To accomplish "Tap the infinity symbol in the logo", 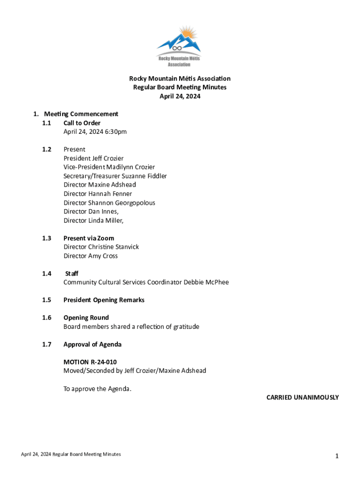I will click(177, 48).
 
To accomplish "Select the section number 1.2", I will click(46, 149).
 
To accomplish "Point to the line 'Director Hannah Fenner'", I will click(98, 194).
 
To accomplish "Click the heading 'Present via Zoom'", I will click(89, 238).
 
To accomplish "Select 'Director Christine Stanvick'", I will click(101, 247).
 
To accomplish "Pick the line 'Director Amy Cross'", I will click(91, 256).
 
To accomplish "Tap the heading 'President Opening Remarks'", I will click(104, 300).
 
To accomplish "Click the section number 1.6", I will click(46, 318).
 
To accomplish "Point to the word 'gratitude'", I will click(186, 327).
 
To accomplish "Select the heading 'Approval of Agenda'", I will click(92, 344).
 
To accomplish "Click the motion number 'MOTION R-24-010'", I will click(90, 362).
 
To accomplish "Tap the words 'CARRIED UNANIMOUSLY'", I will click(302, 398).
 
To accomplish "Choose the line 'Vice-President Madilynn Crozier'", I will click(109, 167).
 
